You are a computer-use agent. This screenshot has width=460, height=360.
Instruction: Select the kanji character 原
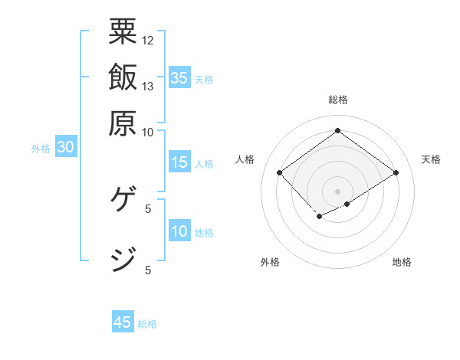(123, 123)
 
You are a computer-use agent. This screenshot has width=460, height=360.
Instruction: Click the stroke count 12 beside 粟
(148, 40)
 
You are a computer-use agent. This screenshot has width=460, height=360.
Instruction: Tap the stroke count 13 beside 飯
(148, 86)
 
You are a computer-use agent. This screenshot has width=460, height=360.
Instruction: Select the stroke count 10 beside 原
(148, 132)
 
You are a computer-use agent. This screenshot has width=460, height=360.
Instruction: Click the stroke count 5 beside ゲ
(148, 208)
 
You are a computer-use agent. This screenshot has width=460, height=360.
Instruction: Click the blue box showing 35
(179, 77)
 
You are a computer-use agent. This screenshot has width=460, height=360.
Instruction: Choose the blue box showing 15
(179, 162)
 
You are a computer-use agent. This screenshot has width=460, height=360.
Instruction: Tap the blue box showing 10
(179, 231)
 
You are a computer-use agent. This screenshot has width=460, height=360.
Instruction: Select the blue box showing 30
(65, 148)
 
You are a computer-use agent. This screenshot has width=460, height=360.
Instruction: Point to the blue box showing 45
(123, 322)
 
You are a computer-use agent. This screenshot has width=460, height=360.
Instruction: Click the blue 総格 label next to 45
(147, 323)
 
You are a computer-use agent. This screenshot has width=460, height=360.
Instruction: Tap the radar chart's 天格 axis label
(431, 159)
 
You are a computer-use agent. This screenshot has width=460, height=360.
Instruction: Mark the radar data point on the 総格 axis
(337, 130)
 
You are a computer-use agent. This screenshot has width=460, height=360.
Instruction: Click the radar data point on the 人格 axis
(280, 173)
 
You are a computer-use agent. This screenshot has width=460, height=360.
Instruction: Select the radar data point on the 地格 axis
(347, 204)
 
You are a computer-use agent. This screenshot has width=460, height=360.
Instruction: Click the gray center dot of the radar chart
(337, 191)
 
